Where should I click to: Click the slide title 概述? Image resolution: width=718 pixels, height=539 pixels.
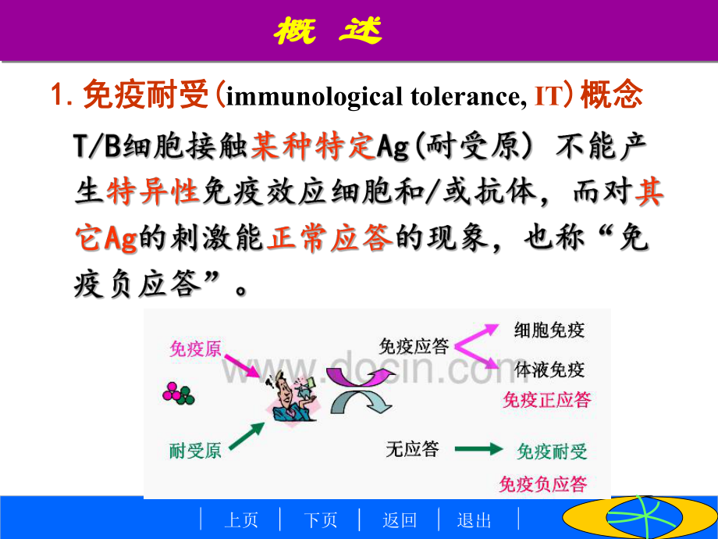tap(329, 31)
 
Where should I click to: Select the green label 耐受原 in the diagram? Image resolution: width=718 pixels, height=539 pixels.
tap(195, 450)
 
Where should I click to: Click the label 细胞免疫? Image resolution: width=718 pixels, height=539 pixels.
tap(549, 330)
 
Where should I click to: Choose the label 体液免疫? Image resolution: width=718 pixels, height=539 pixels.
tap(549, 369)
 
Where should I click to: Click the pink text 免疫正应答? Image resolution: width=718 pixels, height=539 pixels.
tap(546, 401)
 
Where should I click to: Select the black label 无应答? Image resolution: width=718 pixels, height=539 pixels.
tap(412, 449)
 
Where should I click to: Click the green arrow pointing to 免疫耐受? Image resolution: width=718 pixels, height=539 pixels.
tap(479, 450)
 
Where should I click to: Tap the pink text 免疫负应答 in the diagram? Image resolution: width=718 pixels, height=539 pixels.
tap(543, 484)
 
